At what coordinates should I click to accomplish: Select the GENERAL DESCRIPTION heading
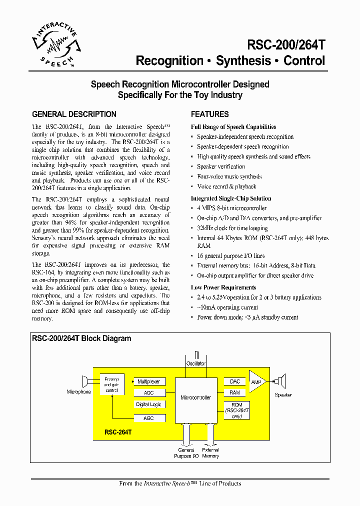tap(74, 114)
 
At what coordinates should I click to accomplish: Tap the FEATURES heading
tap(209, 114)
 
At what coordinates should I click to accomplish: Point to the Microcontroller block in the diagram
tap(195, 398)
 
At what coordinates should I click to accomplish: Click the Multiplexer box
tap(148, 381)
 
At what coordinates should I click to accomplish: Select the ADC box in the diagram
tap(148, 393)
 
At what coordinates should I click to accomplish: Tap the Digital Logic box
tap(148, 404)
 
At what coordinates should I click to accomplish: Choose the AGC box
tap(148, 417)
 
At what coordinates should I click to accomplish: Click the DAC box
tap(234, 381)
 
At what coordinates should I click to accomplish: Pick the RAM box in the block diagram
tap(234, 393)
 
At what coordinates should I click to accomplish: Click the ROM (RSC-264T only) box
tap(236, 410)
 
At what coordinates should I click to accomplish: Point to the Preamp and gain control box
tap(111, 384)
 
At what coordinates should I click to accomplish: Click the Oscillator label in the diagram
tap(195, 363)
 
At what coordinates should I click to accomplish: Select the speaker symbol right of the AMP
tap(281, 381)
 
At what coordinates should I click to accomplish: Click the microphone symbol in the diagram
tap(86, 382)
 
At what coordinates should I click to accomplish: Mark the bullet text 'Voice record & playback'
tap(226, 186)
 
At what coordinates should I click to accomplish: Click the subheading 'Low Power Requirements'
tap(223, 287)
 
